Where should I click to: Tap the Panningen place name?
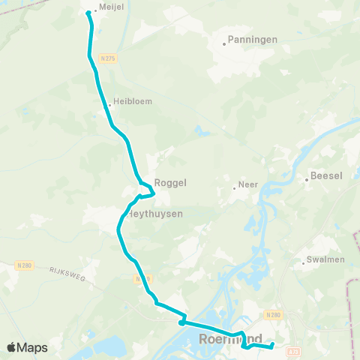pos(253,39)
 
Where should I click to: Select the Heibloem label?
pos(129,100)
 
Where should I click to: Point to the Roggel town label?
pos(169,182)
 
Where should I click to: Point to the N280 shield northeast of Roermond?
pos(274,315)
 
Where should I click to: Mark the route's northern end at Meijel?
pos(88,13)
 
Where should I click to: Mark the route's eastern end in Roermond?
pos(272,345)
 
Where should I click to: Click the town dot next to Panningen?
pos(223,43)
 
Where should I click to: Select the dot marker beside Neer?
pos(234,188)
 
